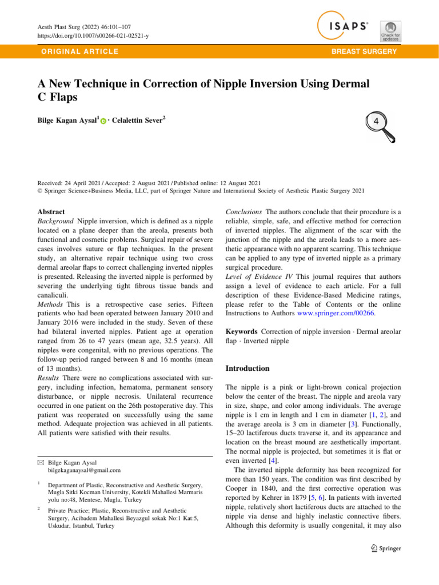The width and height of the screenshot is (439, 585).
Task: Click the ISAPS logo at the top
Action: (344, 26)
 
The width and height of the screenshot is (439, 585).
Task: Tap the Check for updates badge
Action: (390, 31)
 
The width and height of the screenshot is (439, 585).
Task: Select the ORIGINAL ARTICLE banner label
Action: (76, 51)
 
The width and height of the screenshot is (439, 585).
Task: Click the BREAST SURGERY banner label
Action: (368, 51)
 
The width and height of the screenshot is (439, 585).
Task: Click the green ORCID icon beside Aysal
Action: (103, 121)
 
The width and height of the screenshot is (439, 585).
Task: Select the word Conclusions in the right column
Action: (246, 211)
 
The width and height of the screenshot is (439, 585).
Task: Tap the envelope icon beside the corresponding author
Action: (39, 460)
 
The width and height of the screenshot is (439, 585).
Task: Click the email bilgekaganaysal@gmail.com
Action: (85, 470)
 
